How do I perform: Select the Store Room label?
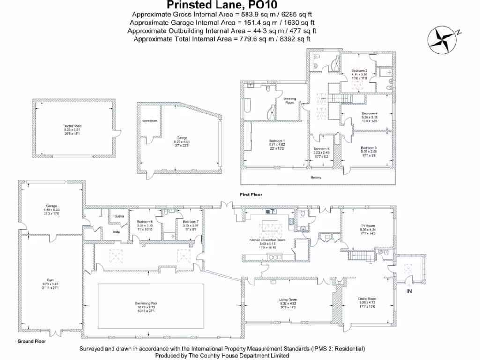coord(150,121)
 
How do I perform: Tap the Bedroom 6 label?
coord(145,222)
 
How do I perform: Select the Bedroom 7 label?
coord(191,222)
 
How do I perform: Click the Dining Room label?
coord(367,299)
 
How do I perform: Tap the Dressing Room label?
coord(290,100)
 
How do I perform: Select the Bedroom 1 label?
coord(277,141)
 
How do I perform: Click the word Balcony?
coord(316,178)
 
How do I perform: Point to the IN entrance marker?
coord(409,291)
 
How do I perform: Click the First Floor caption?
coord(250,194)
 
